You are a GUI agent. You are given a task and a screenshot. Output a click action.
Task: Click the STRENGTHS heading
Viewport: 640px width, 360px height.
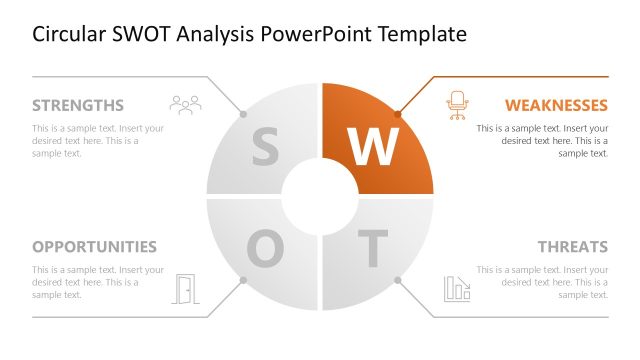coord(78,105)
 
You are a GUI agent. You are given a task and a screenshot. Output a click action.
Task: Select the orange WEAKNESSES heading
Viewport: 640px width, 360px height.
coord(556,105)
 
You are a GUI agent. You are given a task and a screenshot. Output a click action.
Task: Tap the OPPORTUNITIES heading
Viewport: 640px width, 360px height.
coord(94,247)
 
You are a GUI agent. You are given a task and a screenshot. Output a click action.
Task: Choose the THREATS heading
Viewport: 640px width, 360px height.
coord(572,247)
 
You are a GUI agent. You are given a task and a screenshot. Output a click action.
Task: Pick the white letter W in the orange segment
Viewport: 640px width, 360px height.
coord(374,147)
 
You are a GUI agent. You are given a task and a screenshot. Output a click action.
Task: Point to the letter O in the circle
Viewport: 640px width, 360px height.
coord(265,249)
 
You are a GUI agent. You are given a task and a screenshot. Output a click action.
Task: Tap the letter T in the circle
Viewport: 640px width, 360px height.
coord(372,249)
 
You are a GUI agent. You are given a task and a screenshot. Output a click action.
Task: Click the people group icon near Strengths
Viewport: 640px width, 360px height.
coord(185,103)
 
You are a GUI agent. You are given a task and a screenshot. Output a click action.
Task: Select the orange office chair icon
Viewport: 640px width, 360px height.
coord(457,104)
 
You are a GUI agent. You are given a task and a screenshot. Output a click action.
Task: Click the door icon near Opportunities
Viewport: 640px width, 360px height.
coord(186,288)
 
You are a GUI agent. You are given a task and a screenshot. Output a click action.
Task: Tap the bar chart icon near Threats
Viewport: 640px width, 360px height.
coord(457,288)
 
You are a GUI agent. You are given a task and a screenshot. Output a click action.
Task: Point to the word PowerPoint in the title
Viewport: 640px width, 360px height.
coord(313,34)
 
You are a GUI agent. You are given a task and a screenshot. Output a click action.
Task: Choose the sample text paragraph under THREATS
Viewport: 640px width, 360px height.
coord(542,282)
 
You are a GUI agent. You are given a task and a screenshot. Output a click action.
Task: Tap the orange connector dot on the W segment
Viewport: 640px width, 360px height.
coord(398,113)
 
